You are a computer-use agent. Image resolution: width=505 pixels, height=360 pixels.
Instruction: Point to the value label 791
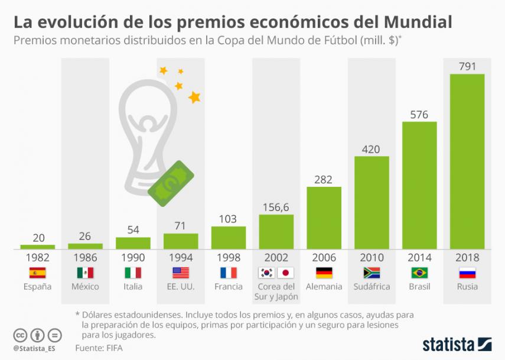[x=467, y=66]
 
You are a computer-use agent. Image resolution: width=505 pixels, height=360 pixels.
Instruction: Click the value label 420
[x=372, y=149]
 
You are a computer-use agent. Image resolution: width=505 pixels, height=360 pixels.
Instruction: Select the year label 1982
[x=37, y=258]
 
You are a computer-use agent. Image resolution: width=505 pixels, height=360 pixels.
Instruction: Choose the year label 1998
[x=228, y=258]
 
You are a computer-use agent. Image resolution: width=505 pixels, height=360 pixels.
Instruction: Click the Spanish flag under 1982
[x=37, y=273]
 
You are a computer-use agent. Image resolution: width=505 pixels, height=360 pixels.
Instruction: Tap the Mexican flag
[x=85, y=273]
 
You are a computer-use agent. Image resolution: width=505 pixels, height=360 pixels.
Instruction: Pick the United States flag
[x=180, y=273]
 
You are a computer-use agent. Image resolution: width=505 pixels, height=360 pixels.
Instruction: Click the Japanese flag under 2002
[x=285, y=273]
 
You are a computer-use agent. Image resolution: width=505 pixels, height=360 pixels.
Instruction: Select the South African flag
[x=372, y=273]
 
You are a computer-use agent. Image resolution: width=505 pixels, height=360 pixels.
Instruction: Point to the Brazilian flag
[x=419, y=273]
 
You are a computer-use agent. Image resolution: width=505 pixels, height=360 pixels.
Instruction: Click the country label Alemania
[x=324, y=287]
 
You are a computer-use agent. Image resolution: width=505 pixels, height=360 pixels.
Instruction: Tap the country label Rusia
[x=467, y=287]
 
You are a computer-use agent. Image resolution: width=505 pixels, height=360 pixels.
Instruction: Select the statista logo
[x=456, y=343]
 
